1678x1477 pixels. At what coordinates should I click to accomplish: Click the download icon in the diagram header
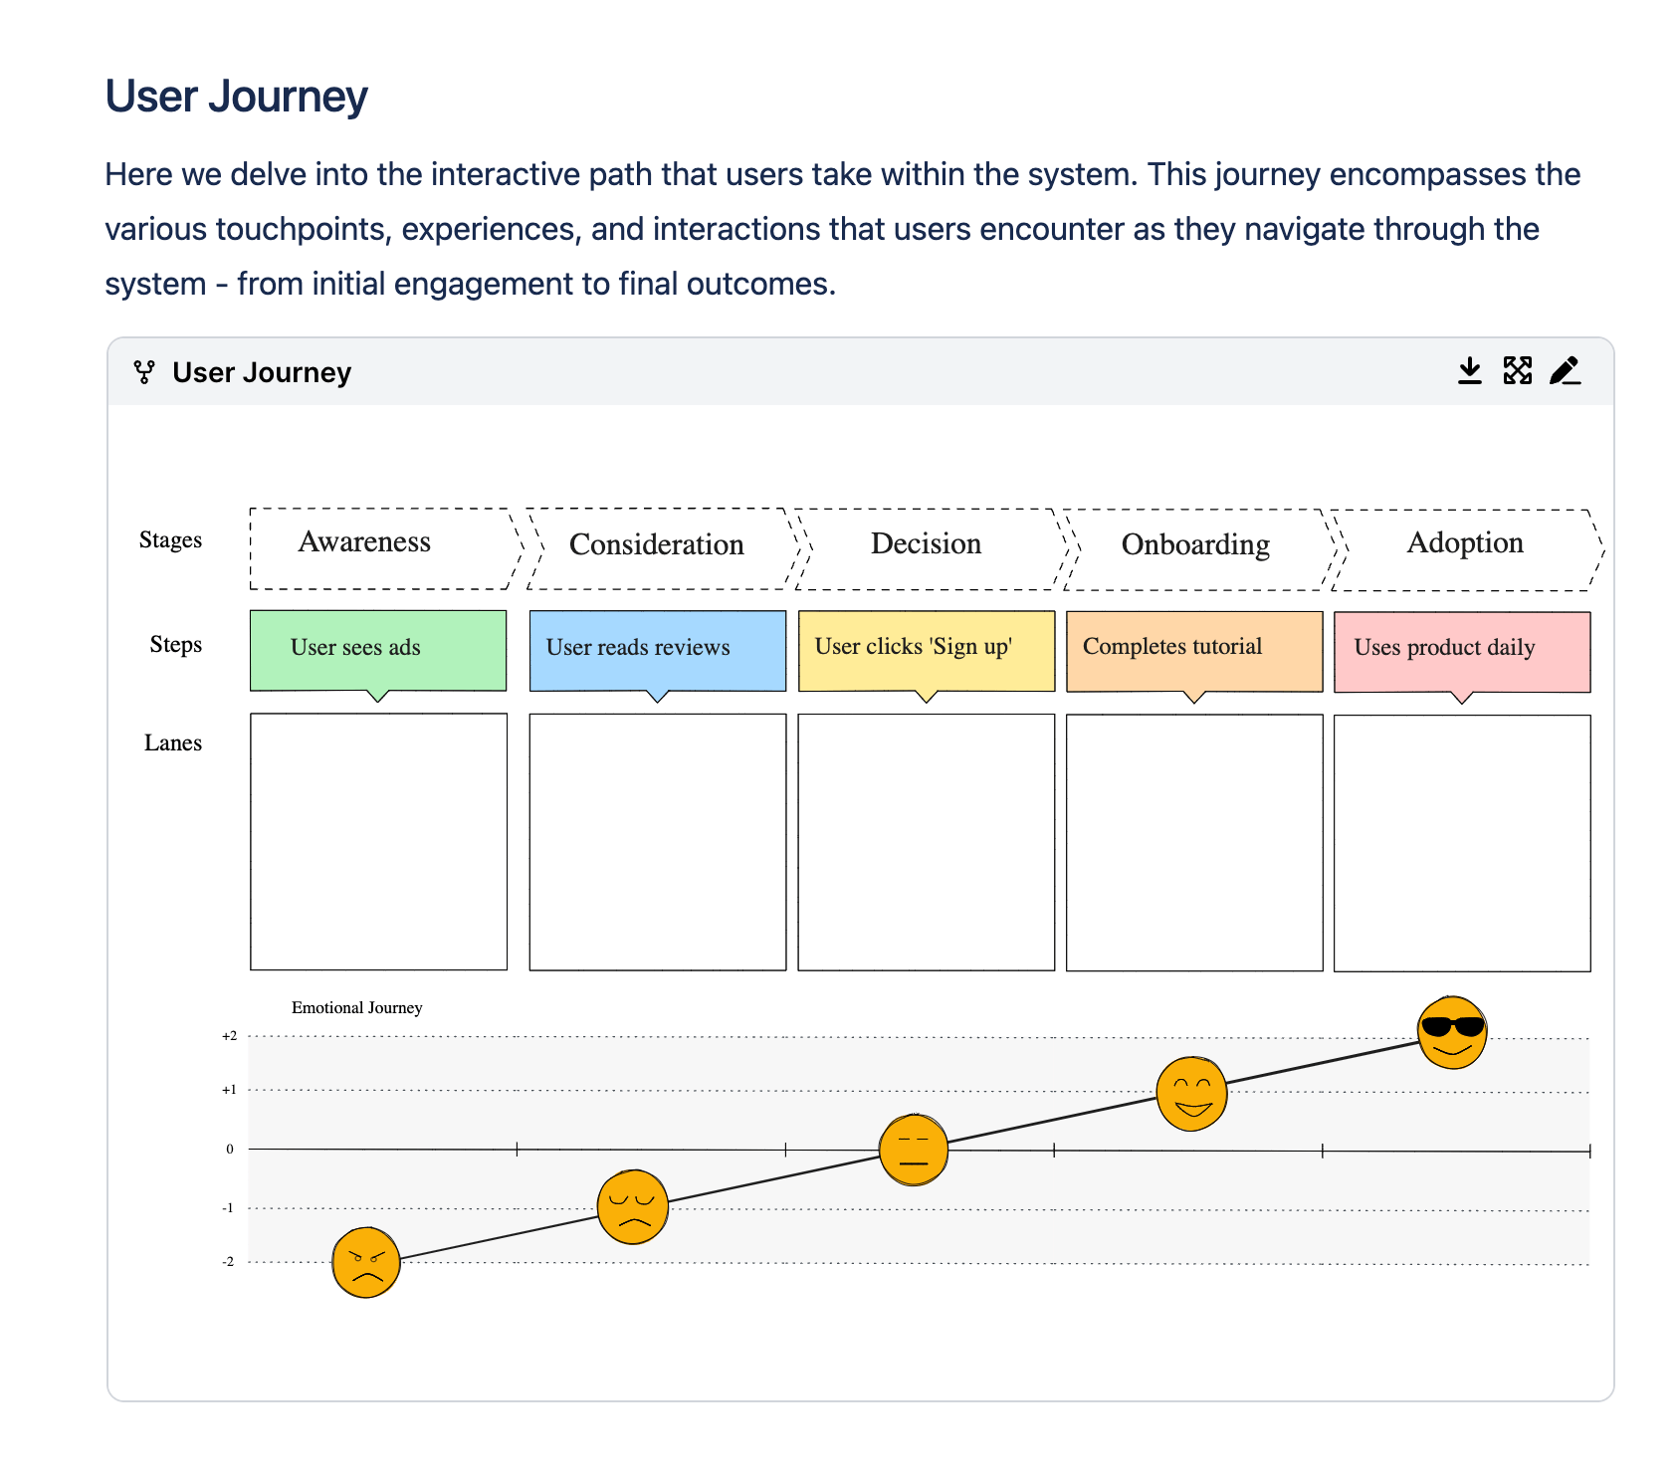click(1469, 371)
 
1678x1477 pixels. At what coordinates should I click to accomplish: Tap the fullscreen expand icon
click(1517, 371)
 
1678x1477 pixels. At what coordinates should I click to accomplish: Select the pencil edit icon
click(1565, 371)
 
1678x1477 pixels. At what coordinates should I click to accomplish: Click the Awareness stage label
click(364, 541)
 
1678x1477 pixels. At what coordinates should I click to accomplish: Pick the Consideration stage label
click(656, 544)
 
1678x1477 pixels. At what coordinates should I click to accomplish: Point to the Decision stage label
click(926, 543)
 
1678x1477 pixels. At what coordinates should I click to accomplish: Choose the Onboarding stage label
click(1195, 544)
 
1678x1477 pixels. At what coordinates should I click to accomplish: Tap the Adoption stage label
click(1465, 542)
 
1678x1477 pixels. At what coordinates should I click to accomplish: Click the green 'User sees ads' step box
click(378, 650)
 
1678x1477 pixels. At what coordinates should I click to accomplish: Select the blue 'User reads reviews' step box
click(657, 650)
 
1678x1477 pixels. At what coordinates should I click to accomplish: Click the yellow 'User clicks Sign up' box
click(926, 650)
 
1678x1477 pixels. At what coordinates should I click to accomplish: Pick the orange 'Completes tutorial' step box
click(1194, 650)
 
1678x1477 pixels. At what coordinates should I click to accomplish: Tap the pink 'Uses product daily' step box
click(1461, 651)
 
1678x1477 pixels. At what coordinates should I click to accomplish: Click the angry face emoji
click(366, 1262)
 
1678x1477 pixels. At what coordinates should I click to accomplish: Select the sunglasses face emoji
click(1452, 1032)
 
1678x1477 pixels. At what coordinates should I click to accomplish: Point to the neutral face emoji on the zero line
click(914, 1151)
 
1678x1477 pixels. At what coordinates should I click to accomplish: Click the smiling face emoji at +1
click(1191, 1094)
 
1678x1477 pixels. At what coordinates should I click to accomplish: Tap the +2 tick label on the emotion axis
click(230, 1036)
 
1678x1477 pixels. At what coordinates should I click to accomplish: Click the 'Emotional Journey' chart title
click(356, 1008)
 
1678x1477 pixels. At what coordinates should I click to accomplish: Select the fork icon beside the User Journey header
click(144, 372)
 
